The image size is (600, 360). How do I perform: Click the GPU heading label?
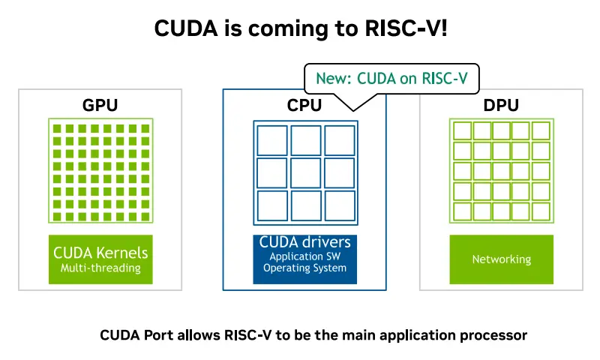point(100,105)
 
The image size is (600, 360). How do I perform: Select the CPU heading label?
point(304,106)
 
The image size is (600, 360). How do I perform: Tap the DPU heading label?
point(500,105)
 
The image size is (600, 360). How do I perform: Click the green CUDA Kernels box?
point(100,259)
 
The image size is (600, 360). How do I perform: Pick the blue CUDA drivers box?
point(304,259)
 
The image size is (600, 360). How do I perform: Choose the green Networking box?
point(501,259)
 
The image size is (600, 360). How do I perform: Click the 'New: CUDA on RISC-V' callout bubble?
point(391,77)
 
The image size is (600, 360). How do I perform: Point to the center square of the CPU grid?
point(305,172)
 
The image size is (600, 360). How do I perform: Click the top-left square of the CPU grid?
point(271,139)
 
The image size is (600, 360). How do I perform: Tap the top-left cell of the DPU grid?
point(462,130)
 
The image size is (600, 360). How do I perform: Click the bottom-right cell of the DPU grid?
point(541,211)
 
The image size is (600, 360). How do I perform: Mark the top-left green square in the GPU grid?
point(58,128)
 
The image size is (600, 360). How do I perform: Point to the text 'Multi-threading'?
point(100,268)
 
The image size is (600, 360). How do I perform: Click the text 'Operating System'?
point(304,268)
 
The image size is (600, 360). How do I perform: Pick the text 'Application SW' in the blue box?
point(304,256)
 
